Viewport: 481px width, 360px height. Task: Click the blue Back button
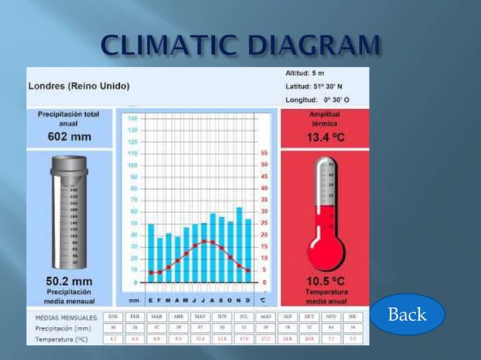point(407,314)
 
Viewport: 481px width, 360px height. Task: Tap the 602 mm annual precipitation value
point(69,136)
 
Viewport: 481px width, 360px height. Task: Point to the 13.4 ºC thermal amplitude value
point(325,137)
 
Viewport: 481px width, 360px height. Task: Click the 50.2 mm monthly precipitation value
point(69,280)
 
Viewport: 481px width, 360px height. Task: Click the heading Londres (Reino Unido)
point(78,86)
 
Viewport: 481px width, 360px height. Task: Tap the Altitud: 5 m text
point(305,73)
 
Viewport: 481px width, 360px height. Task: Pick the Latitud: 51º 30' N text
point(314,86)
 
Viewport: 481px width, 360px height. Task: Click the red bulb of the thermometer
point(325,250)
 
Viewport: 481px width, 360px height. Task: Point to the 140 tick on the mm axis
point(132,118)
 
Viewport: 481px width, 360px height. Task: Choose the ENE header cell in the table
point(113,317)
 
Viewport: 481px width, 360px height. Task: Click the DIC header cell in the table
point(353,317)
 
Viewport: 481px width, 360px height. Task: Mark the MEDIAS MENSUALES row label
point(66,317)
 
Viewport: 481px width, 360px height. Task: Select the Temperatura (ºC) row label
point(63,340)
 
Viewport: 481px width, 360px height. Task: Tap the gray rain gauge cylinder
point(68,215)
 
